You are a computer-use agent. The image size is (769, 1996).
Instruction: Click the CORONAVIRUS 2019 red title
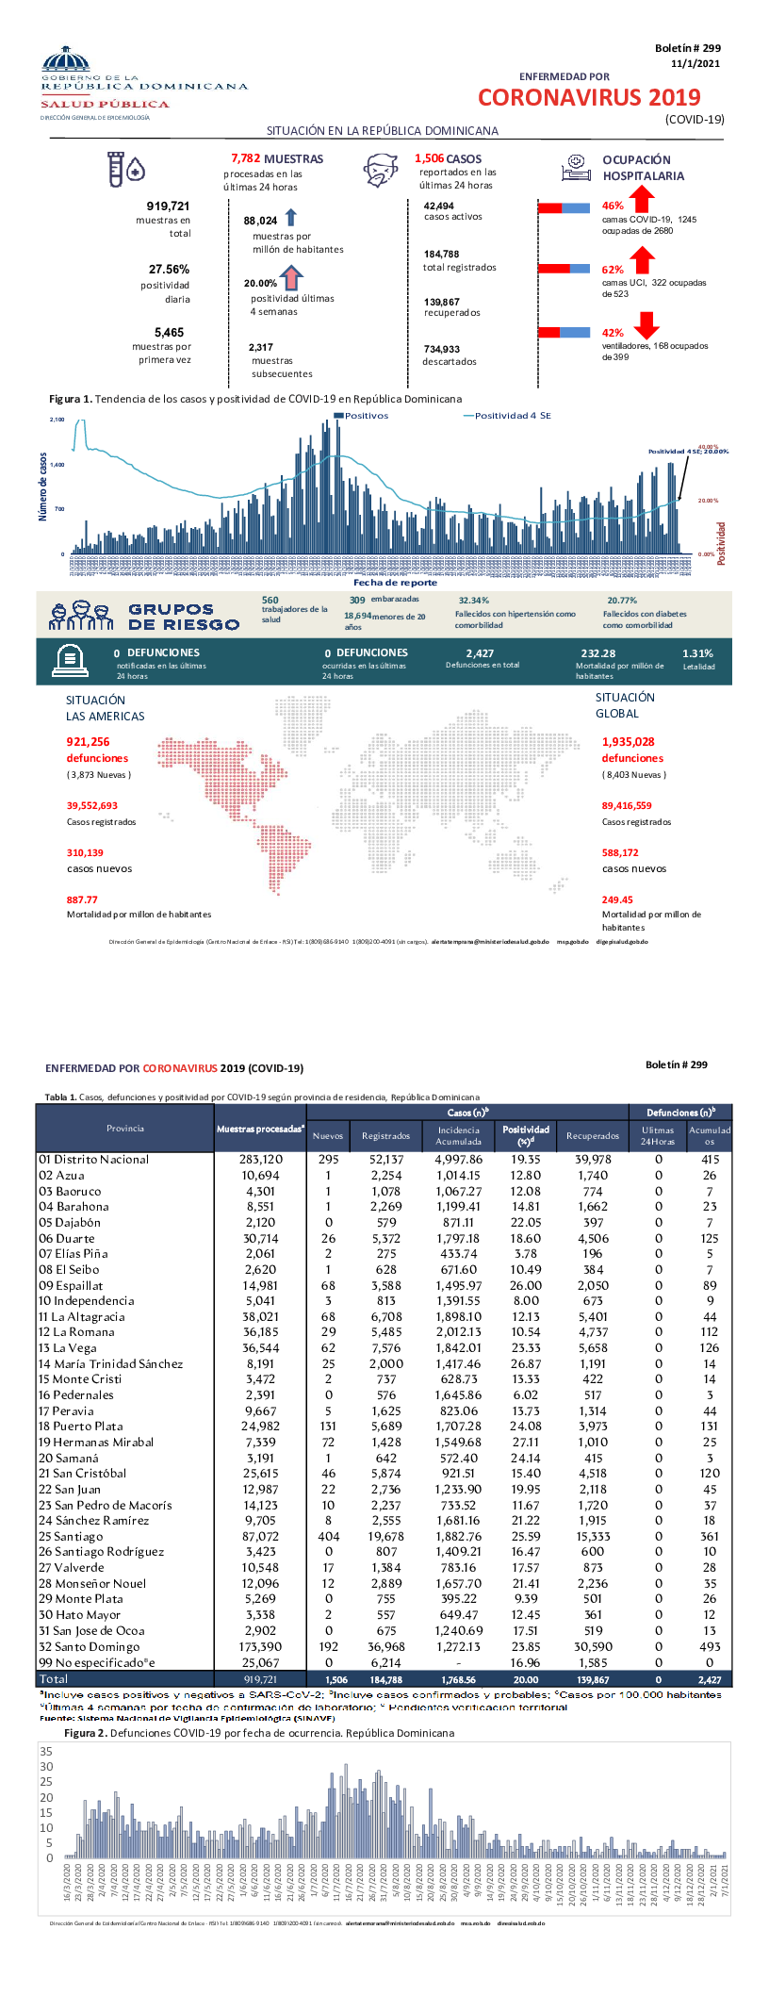click(589, 97)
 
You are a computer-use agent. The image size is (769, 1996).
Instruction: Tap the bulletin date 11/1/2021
click(695, 63)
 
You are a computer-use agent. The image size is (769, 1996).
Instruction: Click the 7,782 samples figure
click(245, 158)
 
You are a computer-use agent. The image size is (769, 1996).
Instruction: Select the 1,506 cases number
click(429, 158)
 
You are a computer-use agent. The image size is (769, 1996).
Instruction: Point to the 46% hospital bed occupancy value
click(613, 206)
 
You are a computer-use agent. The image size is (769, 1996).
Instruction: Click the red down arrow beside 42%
click(646, 325)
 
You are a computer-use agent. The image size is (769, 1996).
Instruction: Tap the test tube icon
click(116, 169)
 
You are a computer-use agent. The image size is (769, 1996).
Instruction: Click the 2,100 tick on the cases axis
click(57, 420)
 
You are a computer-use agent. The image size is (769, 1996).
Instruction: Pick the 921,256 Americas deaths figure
click(88, 742)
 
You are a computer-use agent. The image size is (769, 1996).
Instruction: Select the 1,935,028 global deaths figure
click(628, 742)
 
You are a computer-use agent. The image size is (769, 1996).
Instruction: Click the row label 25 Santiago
click(71, 1536)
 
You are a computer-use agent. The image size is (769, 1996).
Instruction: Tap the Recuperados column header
click(593, 1135)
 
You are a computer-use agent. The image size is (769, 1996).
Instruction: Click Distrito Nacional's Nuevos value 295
click(328, 1160)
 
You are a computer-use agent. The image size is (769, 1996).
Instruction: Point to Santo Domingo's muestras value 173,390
click(260, 1646)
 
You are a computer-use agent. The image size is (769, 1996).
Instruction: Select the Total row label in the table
click(53, 1679)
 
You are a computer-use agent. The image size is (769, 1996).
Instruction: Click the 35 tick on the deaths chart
click(46, 1751)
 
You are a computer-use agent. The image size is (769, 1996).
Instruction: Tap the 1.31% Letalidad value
click(697, 653)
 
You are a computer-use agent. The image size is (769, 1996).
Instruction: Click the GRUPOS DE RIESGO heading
click(184, 617)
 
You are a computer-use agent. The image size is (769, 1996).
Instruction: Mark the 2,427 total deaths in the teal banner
click(480, 653)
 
